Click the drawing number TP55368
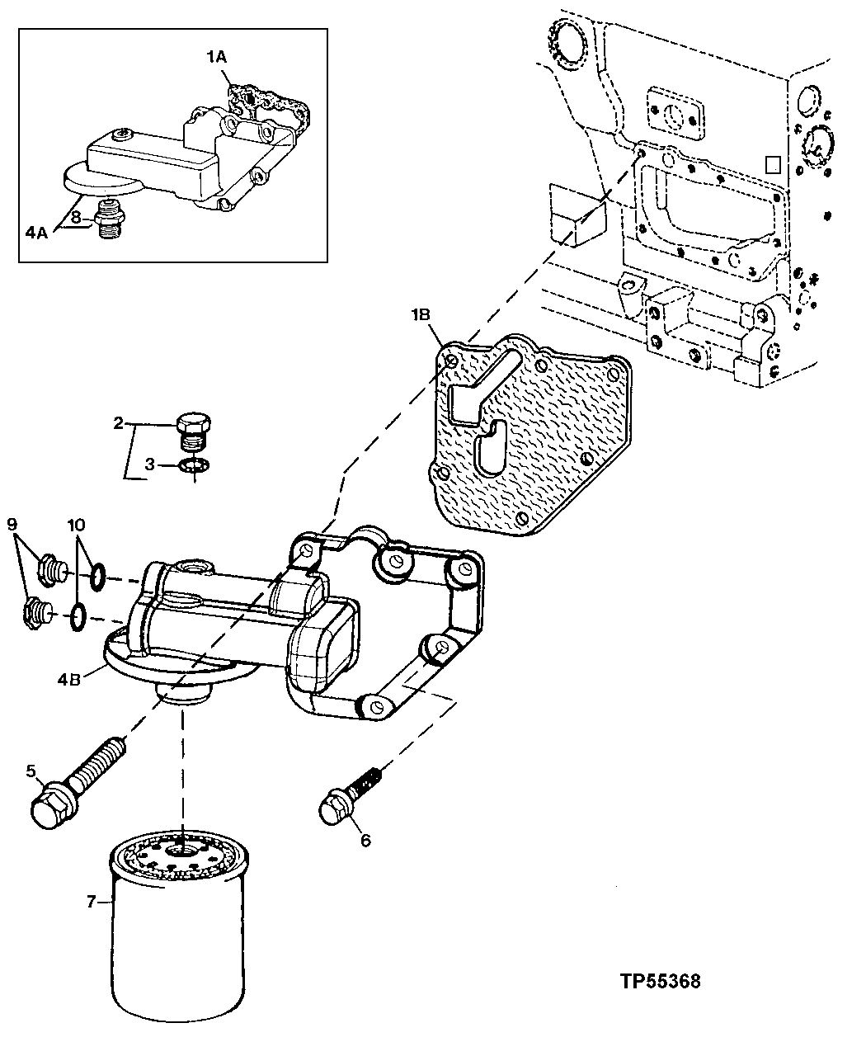(660, 982)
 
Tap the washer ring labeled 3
(193, 467)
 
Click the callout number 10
(76, 525)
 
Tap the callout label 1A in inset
(216, 56)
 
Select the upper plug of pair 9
(50, 568)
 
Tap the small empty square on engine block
(773, 163)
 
